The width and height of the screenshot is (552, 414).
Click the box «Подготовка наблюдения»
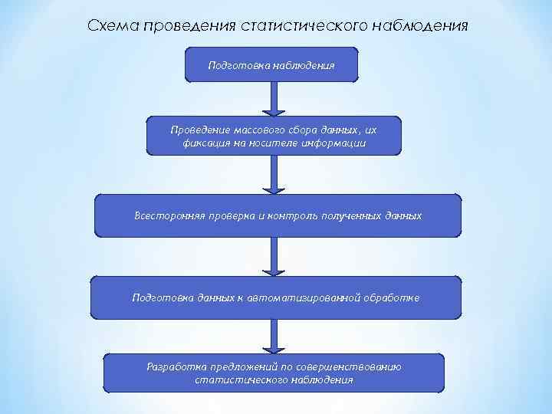pos(271,65)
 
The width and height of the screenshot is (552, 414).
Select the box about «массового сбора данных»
pos(274,136)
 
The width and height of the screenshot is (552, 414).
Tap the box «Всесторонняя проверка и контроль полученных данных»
pos(278,215)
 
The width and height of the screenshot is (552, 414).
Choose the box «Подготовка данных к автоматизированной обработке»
pos(276,297)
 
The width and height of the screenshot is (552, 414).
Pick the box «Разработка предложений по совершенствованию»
pos(274,373)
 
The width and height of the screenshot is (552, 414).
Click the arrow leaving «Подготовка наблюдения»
pos(272,100)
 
